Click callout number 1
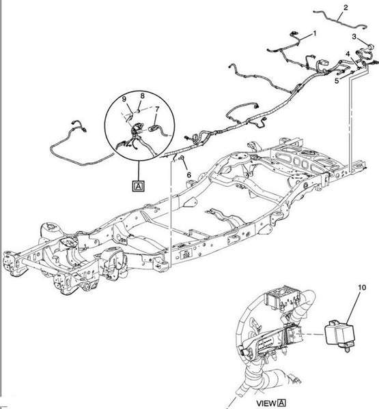pyautogui.click(x=315, y=33)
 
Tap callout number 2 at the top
pyautogui.click(x=346, y=7)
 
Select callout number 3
pyautogui.click(x=354, y=36)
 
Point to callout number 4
pyautogui.click(x=348, y=53)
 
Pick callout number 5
pyautogui.click(x=336, y=80)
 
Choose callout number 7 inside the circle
pyautogui.click(x=157, y=109)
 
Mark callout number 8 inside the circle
pyautogui.click(x=142, y=95)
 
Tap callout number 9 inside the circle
pyautogui.click(x=125, y=100)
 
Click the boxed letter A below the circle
pyautogui.click(x=139, y=185)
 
